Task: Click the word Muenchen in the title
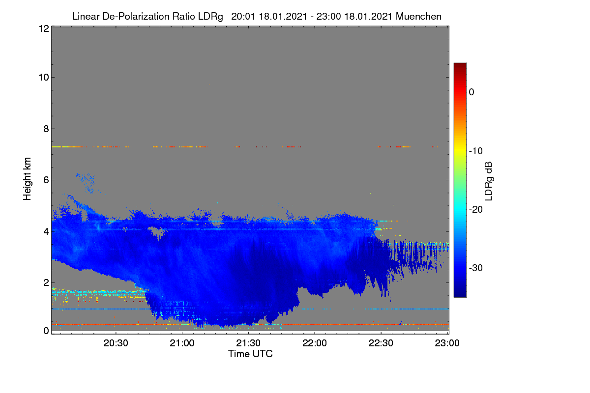418,17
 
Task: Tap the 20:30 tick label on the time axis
116,343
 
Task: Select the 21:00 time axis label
182,343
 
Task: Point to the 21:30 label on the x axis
248,343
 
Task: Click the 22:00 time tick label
315,343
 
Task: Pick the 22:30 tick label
381,343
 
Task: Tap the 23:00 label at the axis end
447,343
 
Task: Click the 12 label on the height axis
44,28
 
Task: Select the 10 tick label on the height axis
44,78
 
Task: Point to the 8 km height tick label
46,129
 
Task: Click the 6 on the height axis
46,180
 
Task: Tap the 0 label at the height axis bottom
46,331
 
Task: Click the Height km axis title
27,179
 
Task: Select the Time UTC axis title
250,354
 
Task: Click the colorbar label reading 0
472,92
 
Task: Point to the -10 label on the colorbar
476,151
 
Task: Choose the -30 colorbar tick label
476,268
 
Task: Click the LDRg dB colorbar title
489,181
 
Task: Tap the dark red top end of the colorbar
460,64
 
